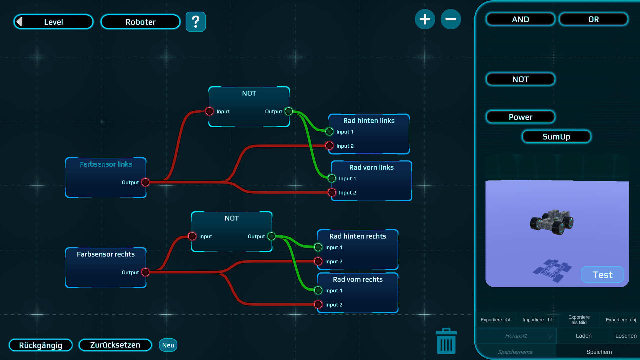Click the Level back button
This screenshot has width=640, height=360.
pyautogui.click(x=53, y=22)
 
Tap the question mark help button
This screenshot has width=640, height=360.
pyautogui.click(x=196, y=22)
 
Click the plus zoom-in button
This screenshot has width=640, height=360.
pyautogui.click(x=425, y=19)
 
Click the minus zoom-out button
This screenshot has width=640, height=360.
pyautogui.click(x=451, y=19)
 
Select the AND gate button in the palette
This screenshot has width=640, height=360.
pyautogui.click(x=520, y=19)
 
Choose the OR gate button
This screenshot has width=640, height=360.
pyautogui.click(x=593, y=19)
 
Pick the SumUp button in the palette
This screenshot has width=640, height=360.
pyautogui.click(x=556, y=137)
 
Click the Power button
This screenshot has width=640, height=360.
pyautogui.click(x=520, y=117)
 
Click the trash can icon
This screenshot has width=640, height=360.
pyautogui.click(x=446, y=341)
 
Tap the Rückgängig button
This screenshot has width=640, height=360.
pyautogui.click(x=41, y=345)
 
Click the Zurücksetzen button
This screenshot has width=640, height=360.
pyautogui.click(x=115, y=345)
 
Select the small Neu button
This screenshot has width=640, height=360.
pyautogui.click(x=168, y=345)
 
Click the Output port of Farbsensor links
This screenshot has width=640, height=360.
pyautogui.click(x=145, y=182)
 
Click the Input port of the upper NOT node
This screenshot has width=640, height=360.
pyautogui.click(x=209, y=111)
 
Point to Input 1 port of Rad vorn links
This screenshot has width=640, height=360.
pyautogui.click(x=332, y=179)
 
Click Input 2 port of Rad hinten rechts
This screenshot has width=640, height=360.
pyautogui.click(x=318, y=261)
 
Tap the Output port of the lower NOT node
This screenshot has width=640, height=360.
pyautogui.click(x=271, y=236)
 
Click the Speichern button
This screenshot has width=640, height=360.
pyautogui.click(x=599, y=352)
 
